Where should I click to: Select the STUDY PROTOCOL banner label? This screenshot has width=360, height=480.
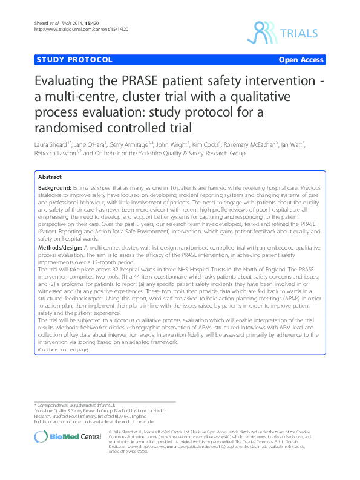coord(75,60)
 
